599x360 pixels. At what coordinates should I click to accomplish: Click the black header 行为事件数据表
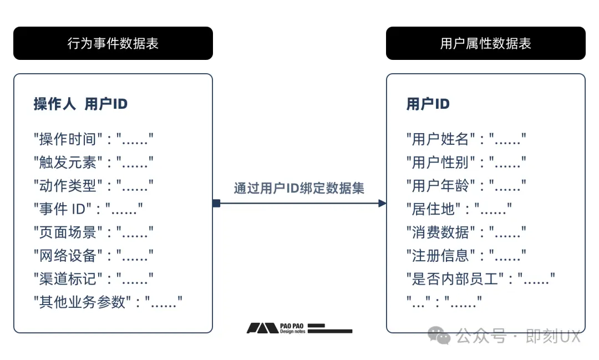tap(113, 43)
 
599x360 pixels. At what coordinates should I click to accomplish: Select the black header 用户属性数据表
tap(485, 43)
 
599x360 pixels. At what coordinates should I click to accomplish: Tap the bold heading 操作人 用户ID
tap(80, 104)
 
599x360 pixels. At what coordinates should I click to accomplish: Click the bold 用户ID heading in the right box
tap(428, 104)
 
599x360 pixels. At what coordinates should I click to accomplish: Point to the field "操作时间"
tap(94, 139)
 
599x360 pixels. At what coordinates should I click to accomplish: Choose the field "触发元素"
tap(94, 163)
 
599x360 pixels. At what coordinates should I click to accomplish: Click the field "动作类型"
tap(94, 186)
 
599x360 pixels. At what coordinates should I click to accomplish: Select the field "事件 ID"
tap(88, 209)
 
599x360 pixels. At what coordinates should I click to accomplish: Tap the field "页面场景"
tap(94, 232)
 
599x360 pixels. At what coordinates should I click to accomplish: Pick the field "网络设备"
tap(94, 256)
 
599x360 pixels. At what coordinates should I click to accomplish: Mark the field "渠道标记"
tap(94, 279)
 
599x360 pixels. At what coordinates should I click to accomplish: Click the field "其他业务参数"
tap(108, 302)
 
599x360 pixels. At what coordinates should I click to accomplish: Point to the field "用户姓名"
tap(466, 139)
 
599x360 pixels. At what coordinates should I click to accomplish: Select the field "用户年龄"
tap(466, 186)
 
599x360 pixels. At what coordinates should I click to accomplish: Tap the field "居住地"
tap(459, 209)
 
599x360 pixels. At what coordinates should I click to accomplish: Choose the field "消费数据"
tap(466, 232)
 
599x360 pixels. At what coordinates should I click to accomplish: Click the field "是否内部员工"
tap(480, 279)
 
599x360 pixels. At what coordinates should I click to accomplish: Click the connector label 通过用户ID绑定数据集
tap(299, 188)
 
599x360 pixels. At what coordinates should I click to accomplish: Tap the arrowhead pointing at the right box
tap(382, 204)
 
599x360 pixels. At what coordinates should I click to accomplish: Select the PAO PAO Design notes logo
tap(299, 328)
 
